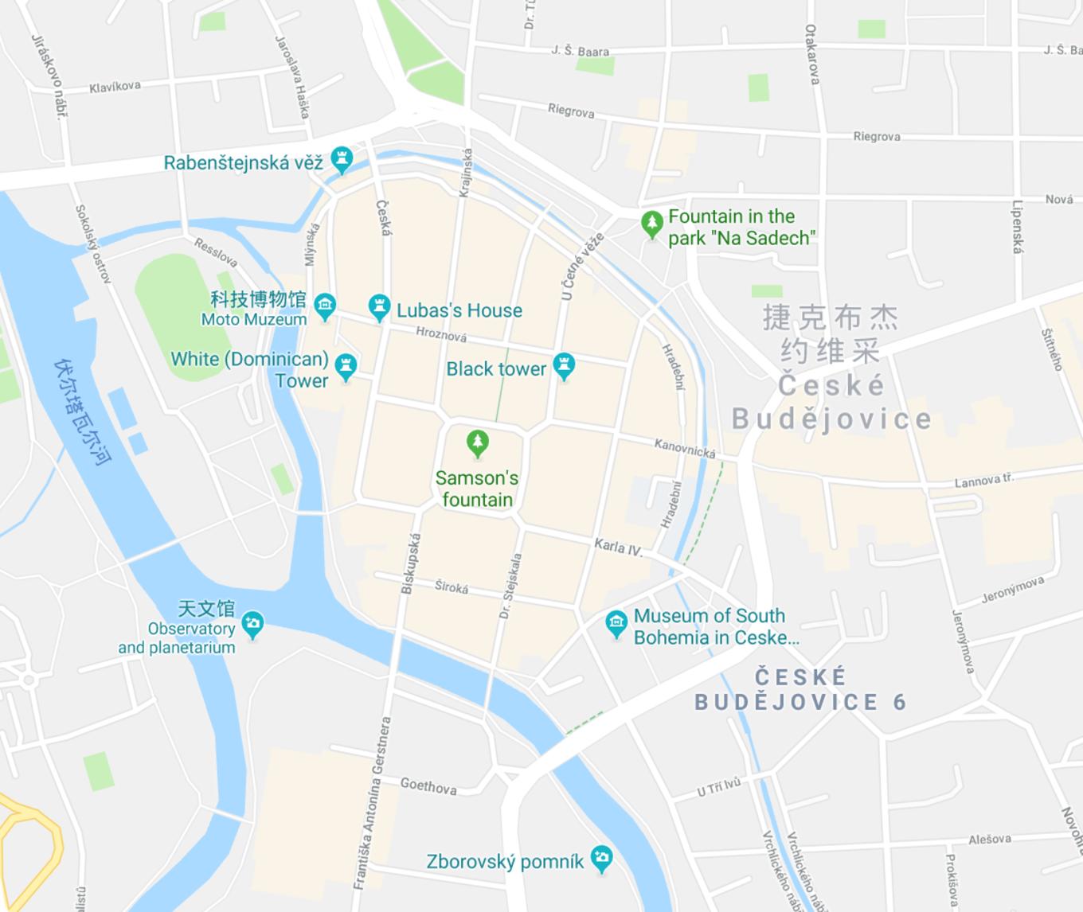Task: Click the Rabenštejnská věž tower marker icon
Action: (x=342, y=159)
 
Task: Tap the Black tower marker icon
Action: (x=564, y=366)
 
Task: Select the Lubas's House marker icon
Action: (x=379, y=307)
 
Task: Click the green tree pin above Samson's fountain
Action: (x=477, y=443)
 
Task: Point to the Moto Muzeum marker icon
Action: (x=325, y=306)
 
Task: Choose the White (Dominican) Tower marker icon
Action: (x=346, y=367)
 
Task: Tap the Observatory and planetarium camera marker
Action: (x=252, y=625)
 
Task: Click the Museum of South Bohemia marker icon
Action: (x=616, y=623)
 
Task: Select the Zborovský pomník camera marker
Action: (x=602, y=859)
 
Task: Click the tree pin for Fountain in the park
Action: (x=652, y=224)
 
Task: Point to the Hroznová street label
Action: (x=441, y=335)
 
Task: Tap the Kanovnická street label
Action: (x=685, y=449)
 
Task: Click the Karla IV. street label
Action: (x=618, y=547)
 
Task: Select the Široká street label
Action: (x=452, y=587)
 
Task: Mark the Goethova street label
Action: (x=428, y=786)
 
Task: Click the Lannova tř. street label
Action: (x=984, y=481)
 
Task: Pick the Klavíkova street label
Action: (x=115, y=87)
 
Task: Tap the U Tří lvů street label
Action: (x=719, y=786)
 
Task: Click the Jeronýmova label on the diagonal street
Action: (x=1012, y=590)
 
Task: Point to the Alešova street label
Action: (x=990, y=839)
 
